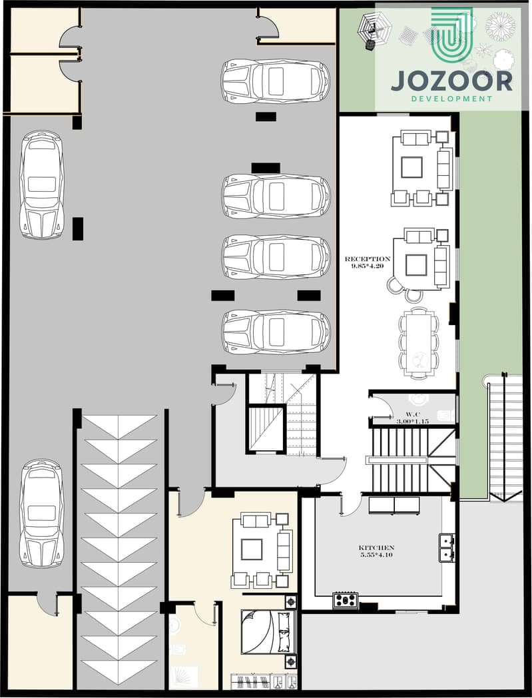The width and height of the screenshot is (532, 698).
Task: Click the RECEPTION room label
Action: pyautogui.click(x=368, y=258)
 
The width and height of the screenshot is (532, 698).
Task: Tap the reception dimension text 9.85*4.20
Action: pyautogui.click(x=368, y=266)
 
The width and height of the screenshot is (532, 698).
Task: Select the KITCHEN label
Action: pyautogui.click(x=377, y=547)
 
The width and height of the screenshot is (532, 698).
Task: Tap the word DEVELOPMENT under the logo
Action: pyautogui.click(x=452, y=99)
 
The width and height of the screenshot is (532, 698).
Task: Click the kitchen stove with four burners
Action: pyautogui.click(x=345, y=600)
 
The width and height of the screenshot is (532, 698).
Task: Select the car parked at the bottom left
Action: pyautogui.click(x=41, y=514)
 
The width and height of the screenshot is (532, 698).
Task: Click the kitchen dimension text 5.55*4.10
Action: pyautogui.click(x=377, y=555)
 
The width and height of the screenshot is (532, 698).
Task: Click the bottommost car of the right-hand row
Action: pyautogui.click(x=276, y=332)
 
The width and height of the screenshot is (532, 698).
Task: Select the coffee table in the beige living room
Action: pyautogui.click(x=252, y=549)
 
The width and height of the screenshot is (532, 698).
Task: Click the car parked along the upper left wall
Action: pyautogui.click(x=41, y=184)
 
